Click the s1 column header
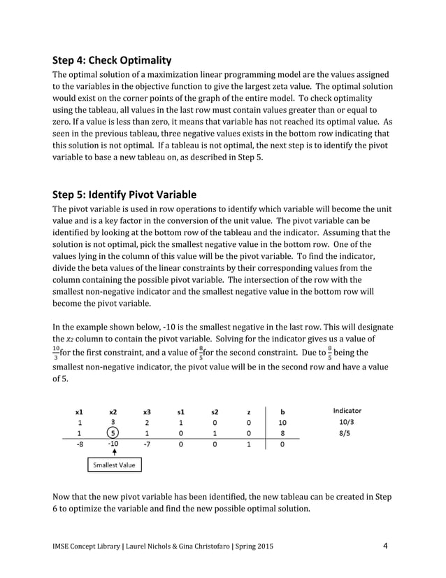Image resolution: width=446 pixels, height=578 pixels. coord(180,411)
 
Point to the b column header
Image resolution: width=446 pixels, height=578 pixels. coord(282,411)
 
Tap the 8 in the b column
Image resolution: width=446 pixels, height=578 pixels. coord(282,432)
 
